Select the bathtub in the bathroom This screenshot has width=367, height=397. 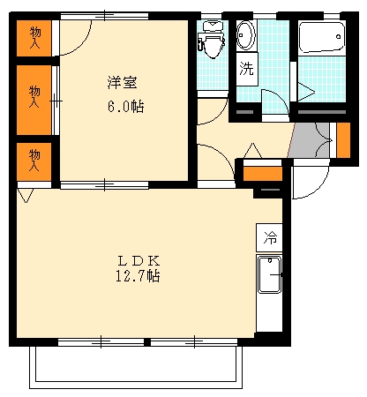click(x=318, y=39)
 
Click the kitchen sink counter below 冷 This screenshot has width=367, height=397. click(x=270, y=278)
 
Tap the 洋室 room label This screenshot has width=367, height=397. click(x=122, y=84)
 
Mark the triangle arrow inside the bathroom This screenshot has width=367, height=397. click(x=305, y=88)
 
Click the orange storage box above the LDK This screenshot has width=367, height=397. click(x=262, y=173)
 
